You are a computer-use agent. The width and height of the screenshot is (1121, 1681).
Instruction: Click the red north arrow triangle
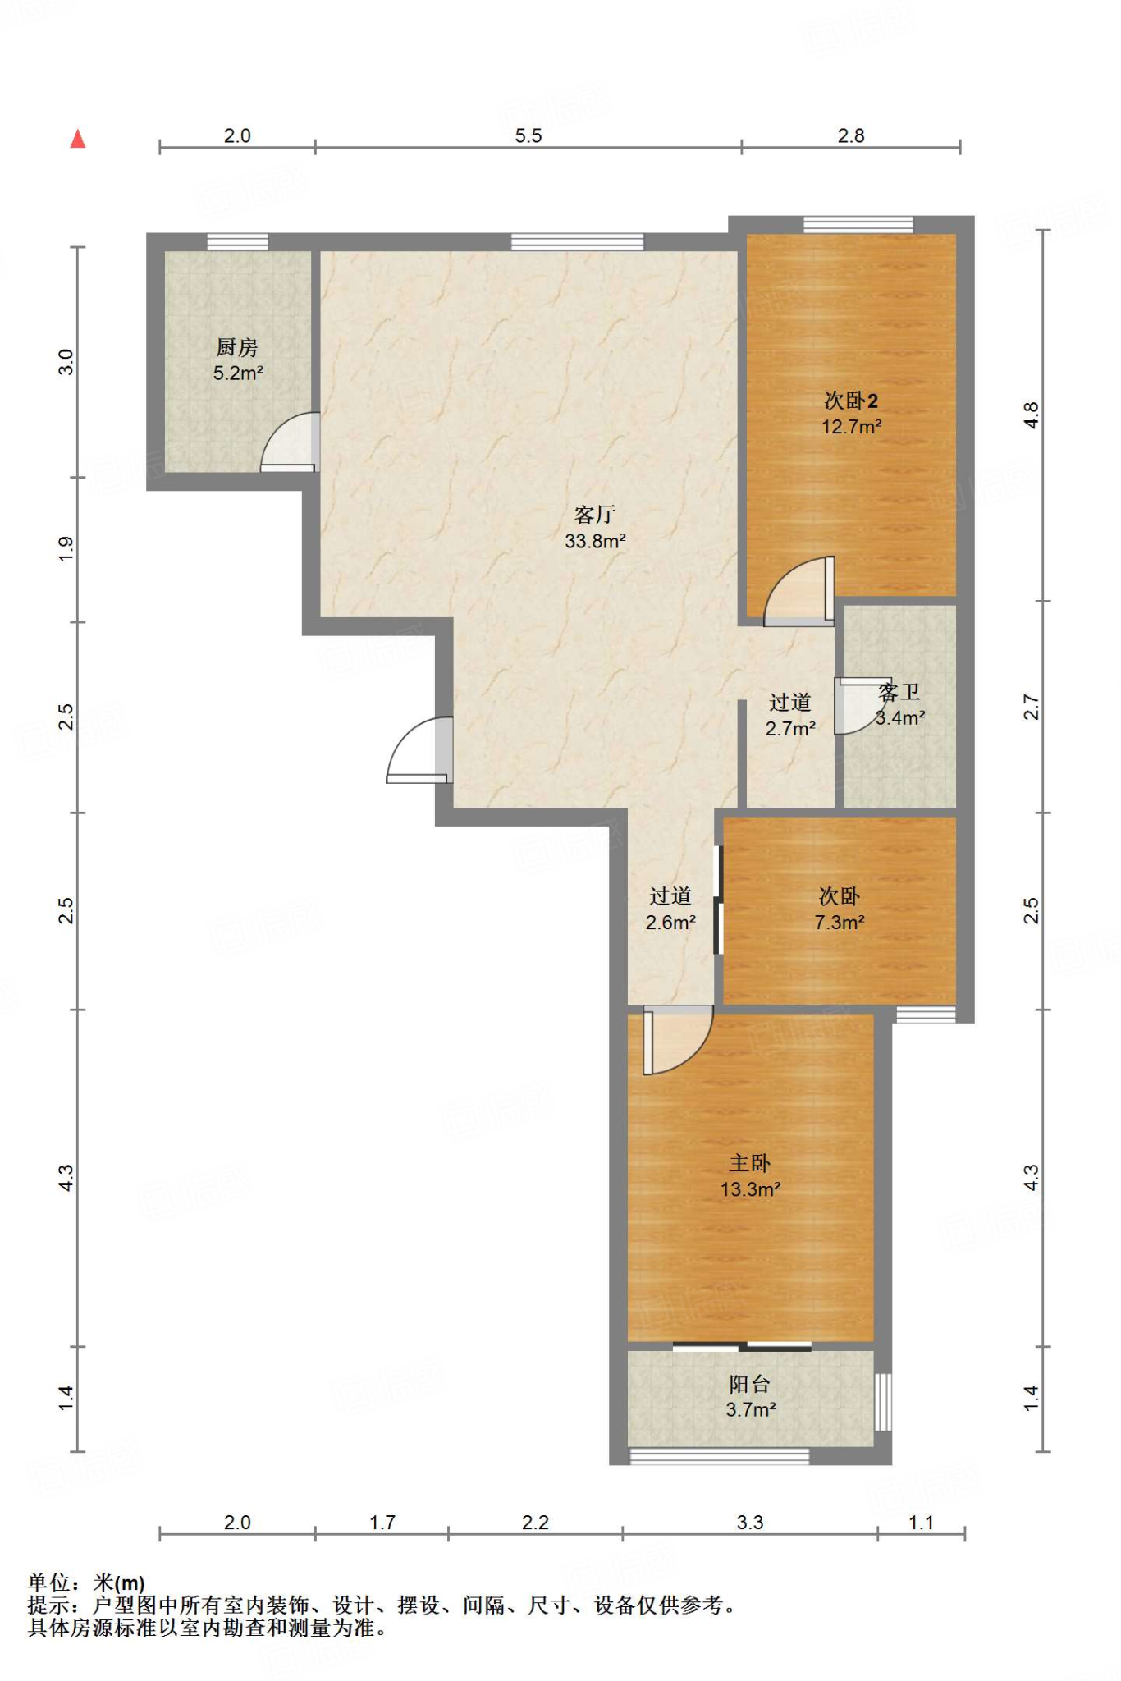[x=78, y=139]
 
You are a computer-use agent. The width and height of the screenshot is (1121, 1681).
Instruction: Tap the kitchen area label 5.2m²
[x=238, y=373]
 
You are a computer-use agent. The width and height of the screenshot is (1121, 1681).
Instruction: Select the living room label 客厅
[x=595, y=515]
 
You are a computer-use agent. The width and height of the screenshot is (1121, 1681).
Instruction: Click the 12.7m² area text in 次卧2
[x=852, y=427]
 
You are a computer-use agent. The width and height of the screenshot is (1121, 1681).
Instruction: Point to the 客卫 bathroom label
[x=899, y=693]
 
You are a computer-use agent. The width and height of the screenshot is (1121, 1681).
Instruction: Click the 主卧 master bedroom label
[x=750, y=1163]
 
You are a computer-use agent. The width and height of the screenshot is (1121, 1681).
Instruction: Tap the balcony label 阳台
[x=750, y=1385]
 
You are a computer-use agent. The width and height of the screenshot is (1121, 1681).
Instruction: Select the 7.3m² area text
[x=840, y=923]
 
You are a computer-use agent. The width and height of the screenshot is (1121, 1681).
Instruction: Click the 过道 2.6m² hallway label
[x=670, y=909]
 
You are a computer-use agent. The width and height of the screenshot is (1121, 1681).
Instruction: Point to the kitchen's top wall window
[x=237, y=241]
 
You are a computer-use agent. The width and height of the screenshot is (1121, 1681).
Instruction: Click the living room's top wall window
[x=577, y=241]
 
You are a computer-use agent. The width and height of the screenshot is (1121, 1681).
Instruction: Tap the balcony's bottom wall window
[x=719, y=1457]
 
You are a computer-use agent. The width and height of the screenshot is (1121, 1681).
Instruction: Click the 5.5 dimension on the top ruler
[x=528, y=135]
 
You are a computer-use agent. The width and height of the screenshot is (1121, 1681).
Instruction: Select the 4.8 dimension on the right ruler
[x=1031, y=415]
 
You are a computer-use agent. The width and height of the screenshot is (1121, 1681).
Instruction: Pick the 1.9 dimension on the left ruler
[x=66, y=549]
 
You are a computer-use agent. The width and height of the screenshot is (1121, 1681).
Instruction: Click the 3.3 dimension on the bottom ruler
[x=750, y=1523]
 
